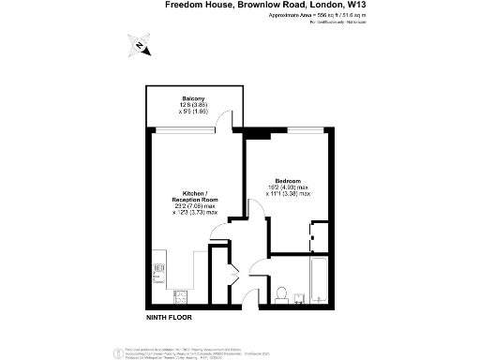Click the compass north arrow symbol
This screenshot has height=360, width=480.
pyautogui.click(x=139, y=43)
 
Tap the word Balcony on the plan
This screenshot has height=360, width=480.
pyautogui.click(x=194, y=97)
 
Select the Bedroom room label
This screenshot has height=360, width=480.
pyautogui.click(x=288, y=180)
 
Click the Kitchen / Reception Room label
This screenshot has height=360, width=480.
pyautogui.click(x=195, y=196)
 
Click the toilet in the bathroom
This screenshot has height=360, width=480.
pyautogui.click(x=281, y=293)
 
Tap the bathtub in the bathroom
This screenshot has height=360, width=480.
pyautogui.click(x=319, y=282)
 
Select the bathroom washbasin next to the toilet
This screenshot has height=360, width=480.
pyautogui.click(x=298, y=298)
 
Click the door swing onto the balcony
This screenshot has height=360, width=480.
pyautogui.click(x=226, y=120)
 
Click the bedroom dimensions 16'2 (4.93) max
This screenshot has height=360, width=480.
pyautogui.click(x=288, y=187)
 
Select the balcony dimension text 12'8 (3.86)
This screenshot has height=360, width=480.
pyautogui.click(x=194, y=104)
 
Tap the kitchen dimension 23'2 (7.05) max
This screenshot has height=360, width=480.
pyautogui.click(x=195, y=206)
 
